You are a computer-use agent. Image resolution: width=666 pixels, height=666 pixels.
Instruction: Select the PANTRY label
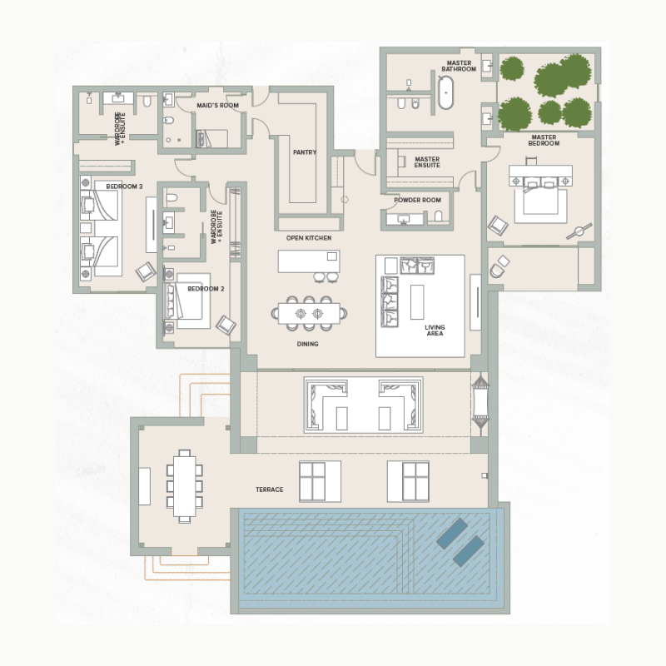305,152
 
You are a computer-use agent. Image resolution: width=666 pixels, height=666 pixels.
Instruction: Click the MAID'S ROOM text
217,107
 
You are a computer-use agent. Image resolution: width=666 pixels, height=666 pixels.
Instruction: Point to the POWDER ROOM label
417,200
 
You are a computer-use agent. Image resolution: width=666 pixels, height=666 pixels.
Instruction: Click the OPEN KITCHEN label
309,238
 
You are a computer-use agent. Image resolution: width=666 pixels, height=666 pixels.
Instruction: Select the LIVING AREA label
434,331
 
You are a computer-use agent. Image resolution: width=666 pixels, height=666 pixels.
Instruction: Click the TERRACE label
269,490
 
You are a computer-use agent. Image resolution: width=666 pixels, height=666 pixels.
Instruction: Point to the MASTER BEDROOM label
544,139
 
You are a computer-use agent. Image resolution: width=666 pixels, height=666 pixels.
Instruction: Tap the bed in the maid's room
211,137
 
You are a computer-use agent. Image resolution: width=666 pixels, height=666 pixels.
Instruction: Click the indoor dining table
310,314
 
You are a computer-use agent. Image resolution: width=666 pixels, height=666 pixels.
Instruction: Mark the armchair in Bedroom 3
146,271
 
